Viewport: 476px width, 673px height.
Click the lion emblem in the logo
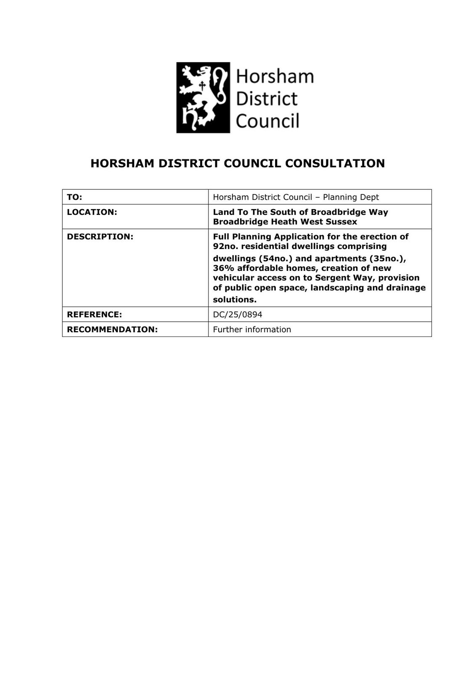point(203,98)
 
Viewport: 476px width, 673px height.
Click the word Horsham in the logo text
point(275,77)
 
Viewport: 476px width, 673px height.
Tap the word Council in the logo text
point(267,121)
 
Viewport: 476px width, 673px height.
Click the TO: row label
point(74,197)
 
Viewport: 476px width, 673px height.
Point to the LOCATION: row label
point(92,212)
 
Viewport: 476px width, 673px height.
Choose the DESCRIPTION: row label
point(100,236)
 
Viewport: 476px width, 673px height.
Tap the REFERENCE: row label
point(94,314)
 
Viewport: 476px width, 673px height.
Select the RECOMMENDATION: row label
point(112,329)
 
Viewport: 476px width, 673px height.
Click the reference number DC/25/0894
point(238,314)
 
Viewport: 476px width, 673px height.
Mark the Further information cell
point(252,329)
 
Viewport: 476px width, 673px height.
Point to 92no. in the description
point(225,246)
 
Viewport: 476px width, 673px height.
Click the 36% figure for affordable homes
point(223,268)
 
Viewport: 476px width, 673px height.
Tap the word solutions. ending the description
point(235,299)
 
